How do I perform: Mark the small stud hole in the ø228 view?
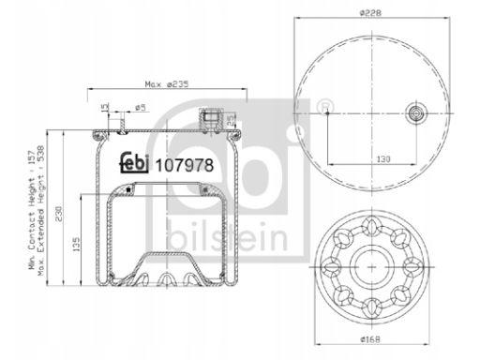tap(324, 112)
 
